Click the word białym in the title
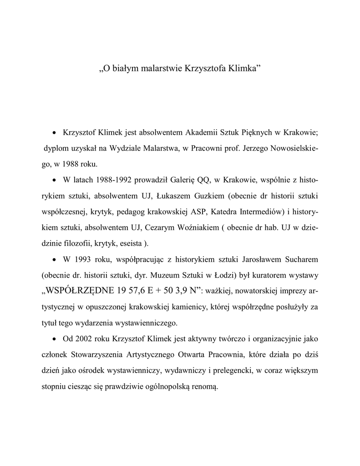(x=125, y=69)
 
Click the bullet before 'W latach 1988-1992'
(x=54, y=180)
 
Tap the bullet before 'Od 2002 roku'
(x=54, y=339)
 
